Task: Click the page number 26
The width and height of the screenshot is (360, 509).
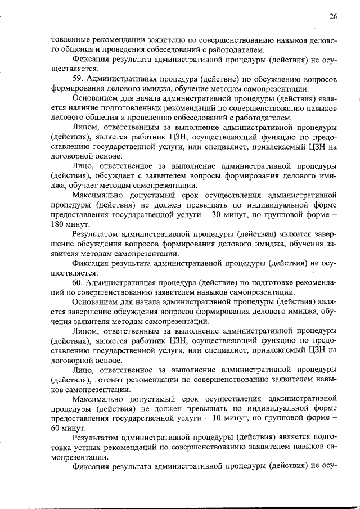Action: coord(334,17)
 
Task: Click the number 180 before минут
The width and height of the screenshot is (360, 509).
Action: coord(58,224)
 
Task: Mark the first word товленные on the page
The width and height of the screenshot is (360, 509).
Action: coord(67,41)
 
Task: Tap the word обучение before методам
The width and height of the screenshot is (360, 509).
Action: coord(213,88)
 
